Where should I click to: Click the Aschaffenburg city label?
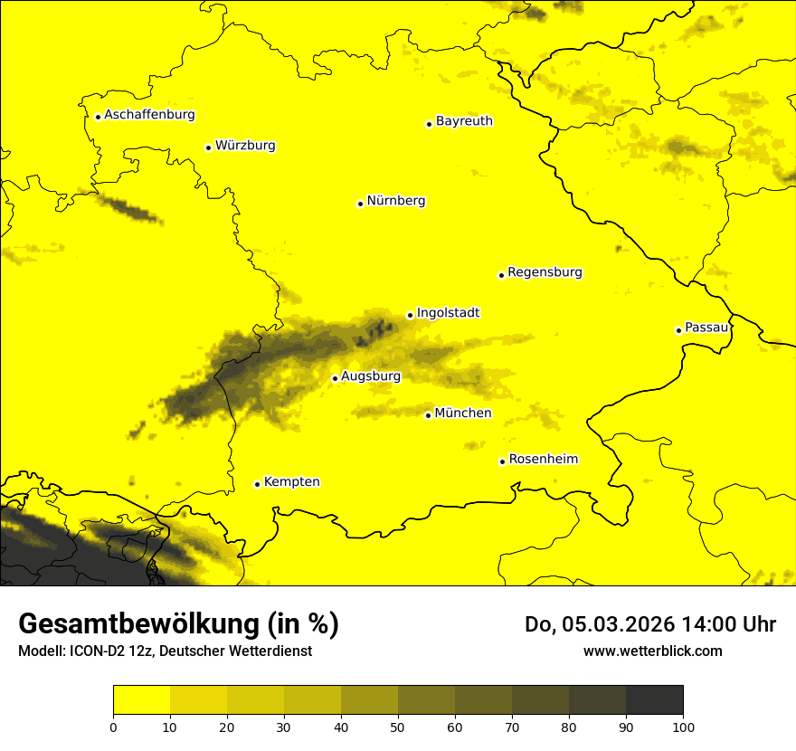[x=149, y=115]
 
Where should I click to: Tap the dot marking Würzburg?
[x=208, y=147]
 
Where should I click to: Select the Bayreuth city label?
[x=464, y=120]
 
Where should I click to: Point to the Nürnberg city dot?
[x=360, y=204]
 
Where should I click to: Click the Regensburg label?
[x=545, y=272]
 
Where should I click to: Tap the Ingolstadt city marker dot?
[x=410, y=316]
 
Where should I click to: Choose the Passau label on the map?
[x=706, y=328]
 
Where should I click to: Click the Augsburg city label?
[x=371, y=376]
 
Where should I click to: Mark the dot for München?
[x=428, y=415]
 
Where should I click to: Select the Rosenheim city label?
[x=543, y=460]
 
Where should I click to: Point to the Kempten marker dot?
[x=257, y=484]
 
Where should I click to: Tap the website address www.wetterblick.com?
[x=652, y=651]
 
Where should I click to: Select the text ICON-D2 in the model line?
[x=94, y=651]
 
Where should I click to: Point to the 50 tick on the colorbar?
[x=398, y=726]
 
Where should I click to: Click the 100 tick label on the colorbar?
[x=683, y=726]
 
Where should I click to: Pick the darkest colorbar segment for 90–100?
[x=654, y=700]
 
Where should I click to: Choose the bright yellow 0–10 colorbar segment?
[x=141, y=700]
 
